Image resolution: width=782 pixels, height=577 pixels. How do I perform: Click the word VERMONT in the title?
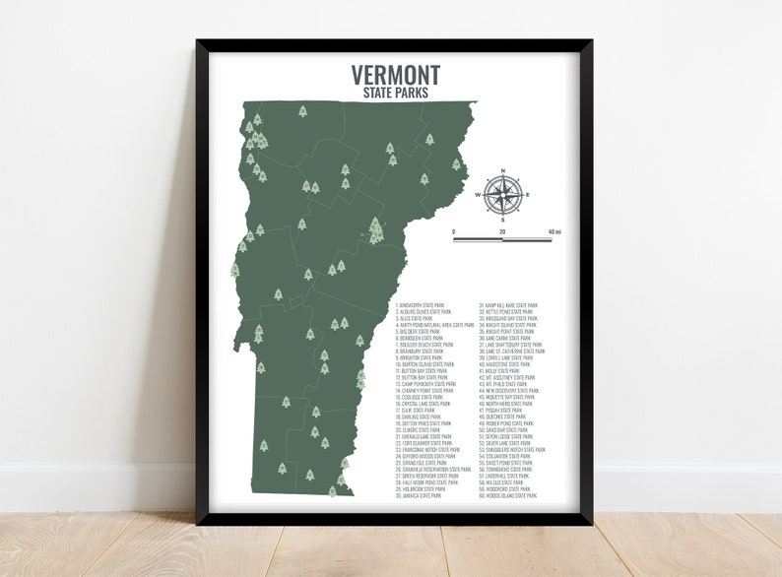coord(396,76)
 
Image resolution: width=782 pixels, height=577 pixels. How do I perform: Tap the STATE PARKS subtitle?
coord(396,93)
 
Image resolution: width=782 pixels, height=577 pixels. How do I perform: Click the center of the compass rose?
coord(503,194)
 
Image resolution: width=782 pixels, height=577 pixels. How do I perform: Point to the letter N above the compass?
coord(503,171)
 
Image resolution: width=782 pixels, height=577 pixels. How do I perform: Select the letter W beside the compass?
coord(479,195)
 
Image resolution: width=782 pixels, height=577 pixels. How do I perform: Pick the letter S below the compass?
coord(503,220)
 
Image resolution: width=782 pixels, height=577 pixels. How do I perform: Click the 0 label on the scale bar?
coord(454,231)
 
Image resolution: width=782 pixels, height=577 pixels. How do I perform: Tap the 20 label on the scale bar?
coord(502,231)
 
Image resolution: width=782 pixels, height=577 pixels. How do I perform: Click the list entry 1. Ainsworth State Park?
coord(424,306)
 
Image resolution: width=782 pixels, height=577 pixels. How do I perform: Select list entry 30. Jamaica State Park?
coord(420,496)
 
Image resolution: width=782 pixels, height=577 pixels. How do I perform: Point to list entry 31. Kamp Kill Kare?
coord(509,306)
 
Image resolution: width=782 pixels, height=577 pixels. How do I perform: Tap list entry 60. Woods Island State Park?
coord(509,496)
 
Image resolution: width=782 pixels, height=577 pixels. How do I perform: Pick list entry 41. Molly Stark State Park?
coord(504,371)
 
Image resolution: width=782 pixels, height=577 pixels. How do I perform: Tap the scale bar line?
coord(502,239)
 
